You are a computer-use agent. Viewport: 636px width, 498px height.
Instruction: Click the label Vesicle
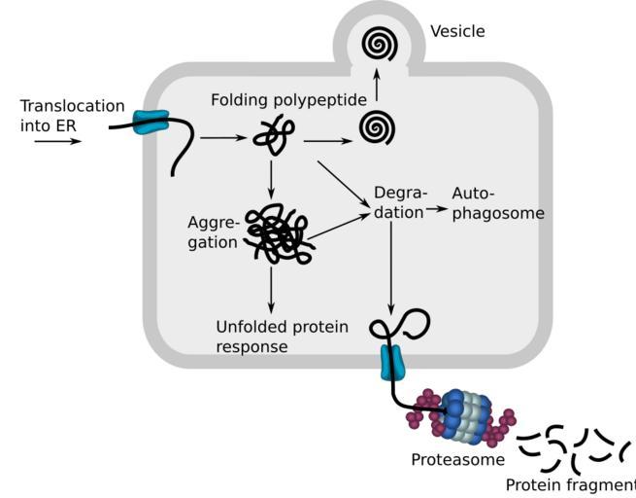pos(457,31)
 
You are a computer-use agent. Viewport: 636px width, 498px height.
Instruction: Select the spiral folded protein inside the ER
pos(376,127)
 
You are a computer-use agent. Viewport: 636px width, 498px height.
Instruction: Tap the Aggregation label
pos(214,232)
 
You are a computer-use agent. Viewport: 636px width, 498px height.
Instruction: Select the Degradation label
pos(399,202)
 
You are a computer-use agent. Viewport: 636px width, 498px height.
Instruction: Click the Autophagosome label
pos(498,203)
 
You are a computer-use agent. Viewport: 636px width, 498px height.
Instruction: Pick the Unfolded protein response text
pos(281,337)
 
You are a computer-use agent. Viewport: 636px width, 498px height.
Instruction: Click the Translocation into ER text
pos(72,115)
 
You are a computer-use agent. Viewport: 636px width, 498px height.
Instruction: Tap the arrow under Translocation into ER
pos(57,141)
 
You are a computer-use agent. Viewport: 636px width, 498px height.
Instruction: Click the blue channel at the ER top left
pos(151,122)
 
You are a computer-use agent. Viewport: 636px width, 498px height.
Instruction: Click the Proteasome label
pos(444,459)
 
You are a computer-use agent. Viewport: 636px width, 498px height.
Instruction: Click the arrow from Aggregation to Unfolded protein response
pos(271,288)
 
